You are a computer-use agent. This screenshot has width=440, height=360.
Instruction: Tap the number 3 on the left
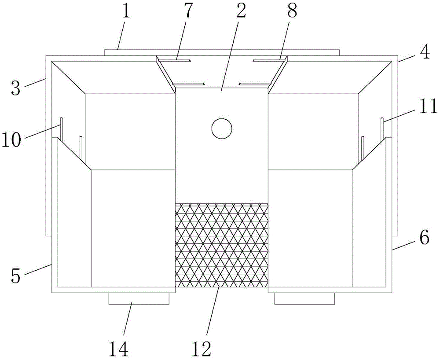16,88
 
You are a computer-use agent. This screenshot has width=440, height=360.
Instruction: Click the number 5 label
16,275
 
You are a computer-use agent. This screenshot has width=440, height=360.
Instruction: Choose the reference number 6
424,237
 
